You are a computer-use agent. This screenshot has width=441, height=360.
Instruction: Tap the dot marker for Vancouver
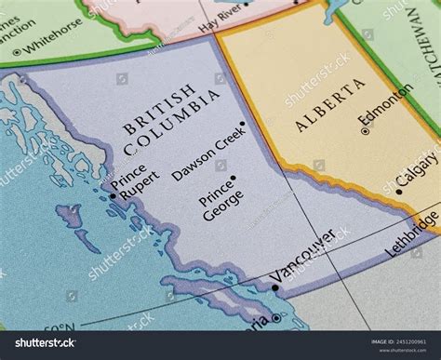(x=275, y=287)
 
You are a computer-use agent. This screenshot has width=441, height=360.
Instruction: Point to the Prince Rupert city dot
(x=113, y=195)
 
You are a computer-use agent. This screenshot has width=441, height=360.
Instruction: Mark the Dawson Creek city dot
(x=242, y=124)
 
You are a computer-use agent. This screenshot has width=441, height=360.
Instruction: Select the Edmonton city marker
(x=365, y=132)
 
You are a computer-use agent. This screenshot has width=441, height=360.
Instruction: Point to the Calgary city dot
(x=399, y=192)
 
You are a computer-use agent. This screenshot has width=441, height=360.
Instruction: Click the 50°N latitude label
(x=61, y=328)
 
